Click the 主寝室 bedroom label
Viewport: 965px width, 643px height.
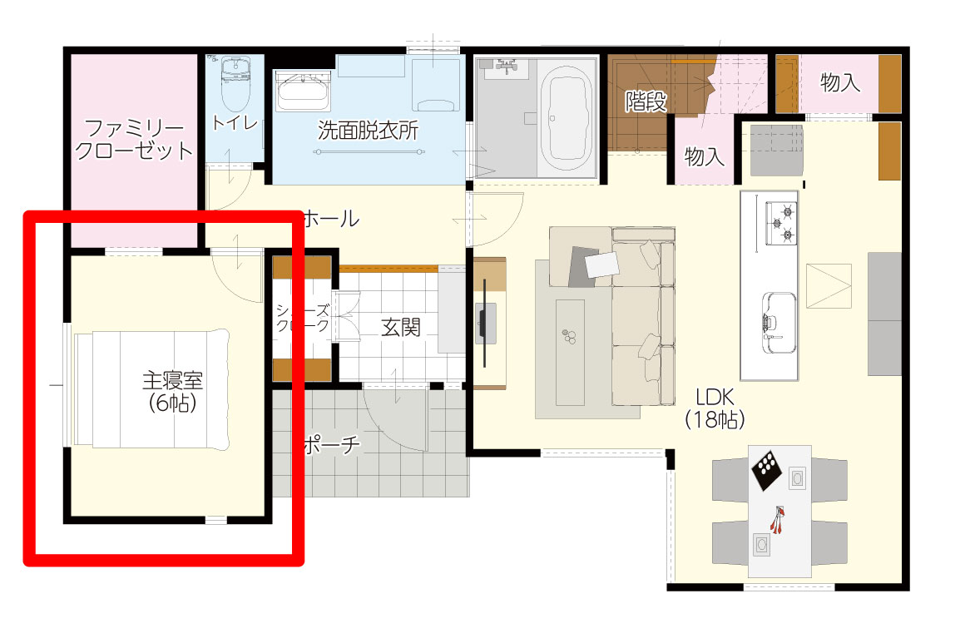[x=173, y=381]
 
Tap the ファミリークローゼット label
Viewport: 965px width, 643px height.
[x=133, y=140]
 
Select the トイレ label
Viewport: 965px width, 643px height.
[x=234, y=123]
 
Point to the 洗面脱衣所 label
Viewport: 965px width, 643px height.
[x=368, y=131]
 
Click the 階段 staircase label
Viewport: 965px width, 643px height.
[x=646, y=101]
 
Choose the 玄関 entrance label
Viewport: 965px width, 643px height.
[x=401, y=328]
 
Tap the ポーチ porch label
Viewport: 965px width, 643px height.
[x=332, y=444]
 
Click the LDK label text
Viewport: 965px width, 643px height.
[x=715, y=396]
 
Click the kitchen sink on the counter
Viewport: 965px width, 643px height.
[x=779, y=323]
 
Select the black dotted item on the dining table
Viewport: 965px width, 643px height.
[x=768, y=471]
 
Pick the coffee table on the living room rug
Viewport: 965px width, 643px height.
[x=570, y=353]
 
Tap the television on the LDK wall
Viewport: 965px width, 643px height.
[x=486, y=324]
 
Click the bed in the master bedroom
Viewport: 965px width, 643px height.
[x=151, y=388]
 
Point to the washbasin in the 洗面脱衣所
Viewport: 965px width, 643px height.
[x=302, y=91]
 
